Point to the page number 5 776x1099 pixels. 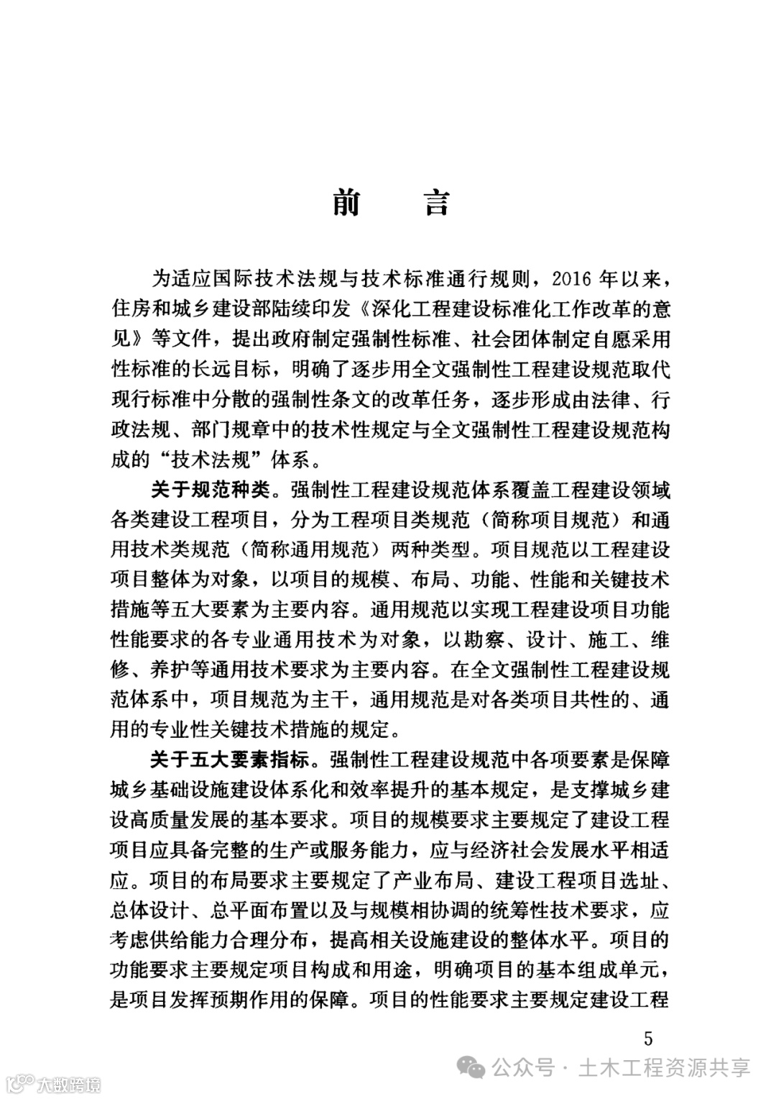(x=648, y=1038)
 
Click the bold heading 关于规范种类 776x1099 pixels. (x=210, y=491)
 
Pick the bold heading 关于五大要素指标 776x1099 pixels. (x=230, y=760)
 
